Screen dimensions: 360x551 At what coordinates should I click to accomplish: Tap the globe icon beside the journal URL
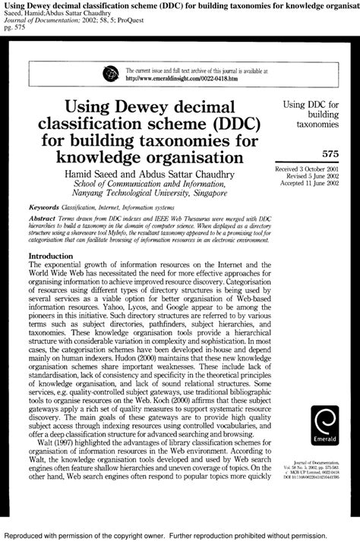(x=109, y=73)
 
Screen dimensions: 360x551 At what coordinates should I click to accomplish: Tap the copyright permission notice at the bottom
(x=180, y=543)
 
